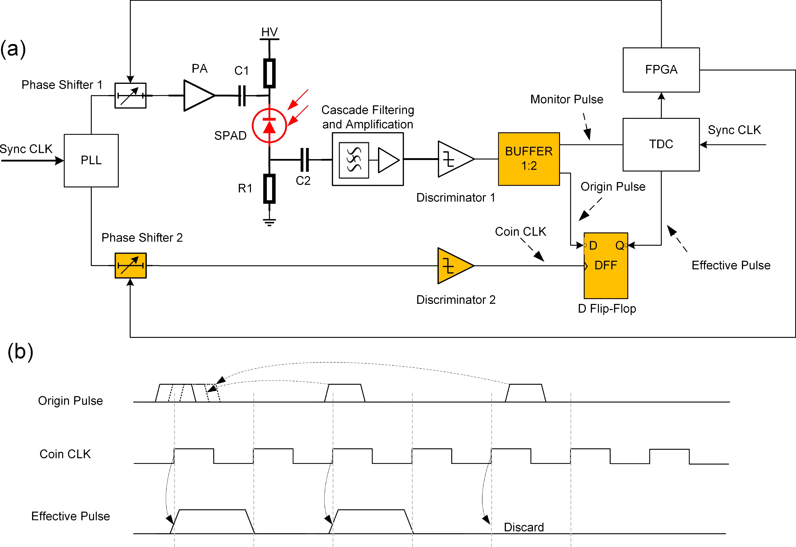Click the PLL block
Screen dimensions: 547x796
coord(91,160)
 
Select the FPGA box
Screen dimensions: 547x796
coord(661,70)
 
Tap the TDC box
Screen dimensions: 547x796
coord(661,144)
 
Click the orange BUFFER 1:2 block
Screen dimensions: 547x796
coord(529,159)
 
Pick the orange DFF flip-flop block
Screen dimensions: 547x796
coord(606,266)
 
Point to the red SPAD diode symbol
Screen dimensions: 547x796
coord(269,125)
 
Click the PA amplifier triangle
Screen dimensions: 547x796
coord(198,95)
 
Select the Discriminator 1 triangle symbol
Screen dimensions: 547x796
coord(454,159)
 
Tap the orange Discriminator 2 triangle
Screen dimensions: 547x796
coord(454,266)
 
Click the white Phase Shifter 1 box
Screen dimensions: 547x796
coord(130,96)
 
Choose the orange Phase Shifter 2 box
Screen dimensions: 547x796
coord(131,266)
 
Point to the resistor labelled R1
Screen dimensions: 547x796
coord(269,189)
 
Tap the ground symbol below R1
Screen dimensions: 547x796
coord(269,222)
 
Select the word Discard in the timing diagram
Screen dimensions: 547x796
coord(524,527)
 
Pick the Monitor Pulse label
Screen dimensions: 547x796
coord(567,99)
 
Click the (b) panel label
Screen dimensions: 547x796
coord(20,352)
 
